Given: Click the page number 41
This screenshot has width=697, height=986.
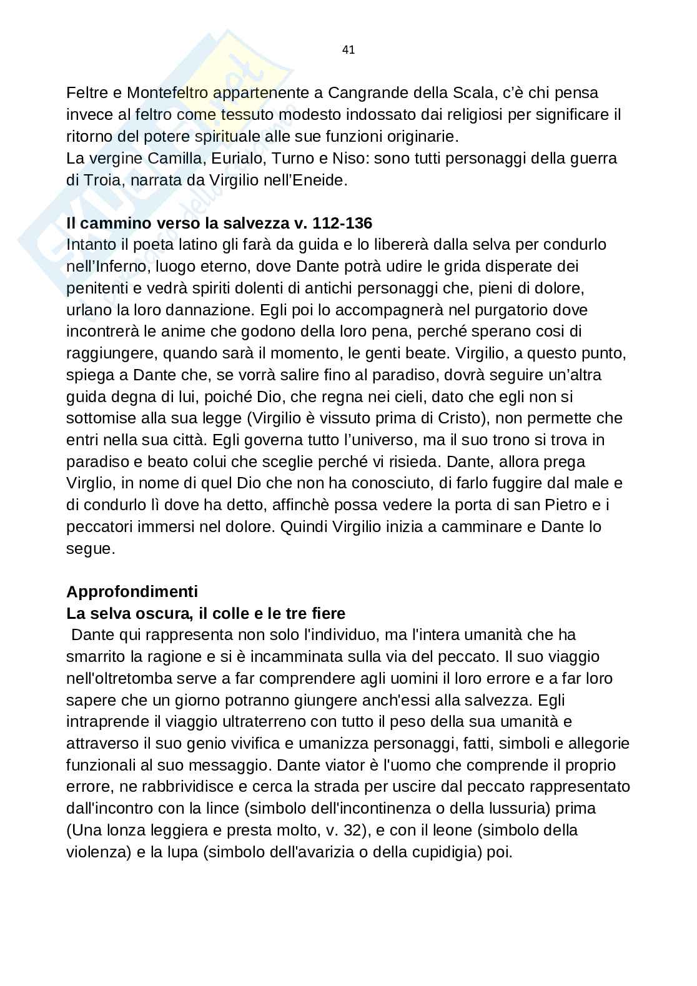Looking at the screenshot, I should coord(348,50).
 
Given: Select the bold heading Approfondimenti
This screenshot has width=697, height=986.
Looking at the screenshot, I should coord(132,591).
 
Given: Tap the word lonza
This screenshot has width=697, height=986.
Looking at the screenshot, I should coord(126,830).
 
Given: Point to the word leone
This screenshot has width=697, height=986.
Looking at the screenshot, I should coord(448,830).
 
